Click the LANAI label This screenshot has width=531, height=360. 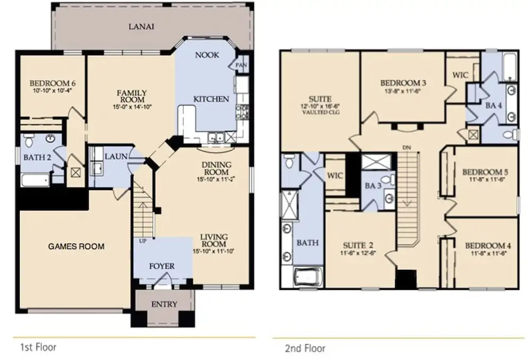141,27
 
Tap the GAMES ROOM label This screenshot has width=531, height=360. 76,246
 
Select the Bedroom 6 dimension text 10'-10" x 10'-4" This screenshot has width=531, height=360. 53,90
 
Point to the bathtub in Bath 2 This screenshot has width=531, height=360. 35,180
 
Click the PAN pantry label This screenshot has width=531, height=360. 241,65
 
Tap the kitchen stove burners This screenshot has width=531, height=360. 243,112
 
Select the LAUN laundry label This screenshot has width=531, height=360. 116,157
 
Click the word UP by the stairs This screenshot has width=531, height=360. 142,241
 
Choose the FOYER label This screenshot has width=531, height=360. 162,266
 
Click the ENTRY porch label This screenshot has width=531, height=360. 164,304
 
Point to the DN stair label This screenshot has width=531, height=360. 407,148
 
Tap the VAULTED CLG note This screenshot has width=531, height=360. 320,112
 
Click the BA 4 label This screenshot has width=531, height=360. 493,106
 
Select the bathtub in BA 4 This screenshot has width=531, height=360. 509,67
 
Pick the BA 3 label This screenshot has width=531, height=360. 373,186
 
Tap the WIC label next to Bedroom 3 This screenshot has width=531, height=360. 460,75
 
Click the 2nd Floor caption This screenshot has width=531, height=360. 305,348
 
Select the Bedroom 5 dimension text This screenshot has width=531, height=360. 487,180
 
